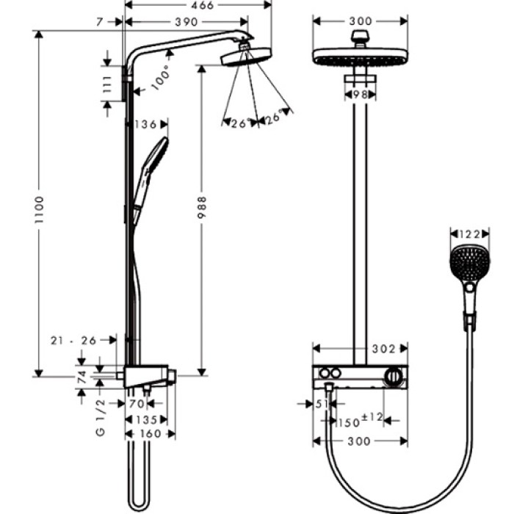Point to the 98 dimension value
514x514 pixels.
click(x=360, y=95)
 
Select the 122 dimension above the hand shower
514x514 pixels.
click(x=468, y=234)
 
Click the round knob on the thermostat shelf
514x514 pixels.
click(x=395, y=377)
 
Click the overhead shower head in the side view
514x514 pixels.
click(x=242, y=57)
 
